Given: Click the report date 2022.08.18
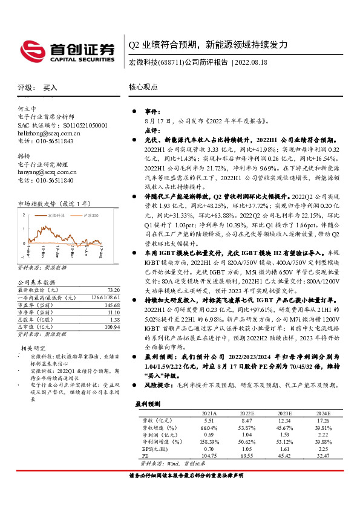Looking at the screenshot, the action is pyautogui.click(x=249, y=62).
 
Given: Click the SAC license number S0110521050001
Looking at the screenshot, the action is pyautogui.click(x=78, y=125).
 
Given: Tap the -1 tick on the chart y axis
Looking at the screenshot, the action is pyautogui.click(x=22, y=258).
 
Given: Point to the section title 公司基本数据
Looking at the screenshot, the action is pyautogui.click(x=36, y=282).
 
